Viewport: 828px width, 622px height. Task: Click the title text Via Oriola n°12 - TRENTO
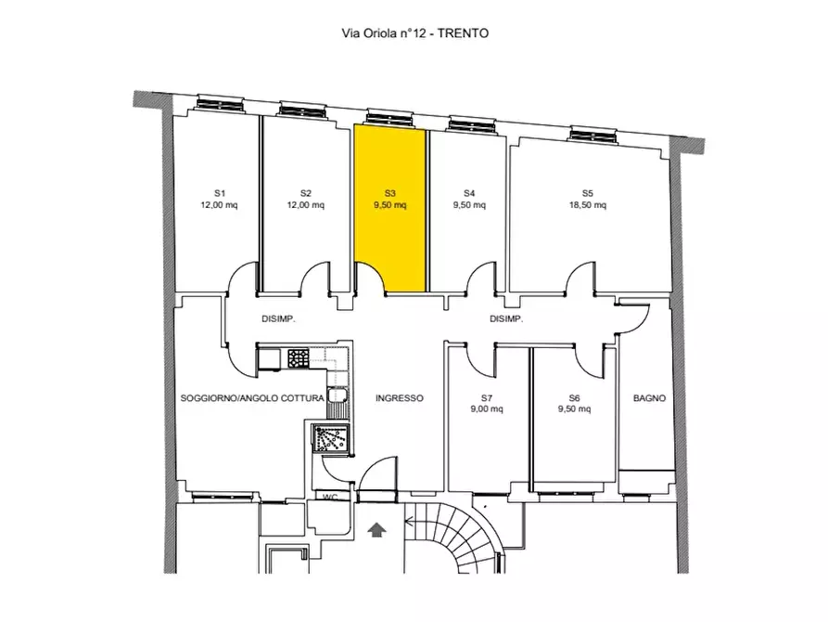click(x=415, y=33)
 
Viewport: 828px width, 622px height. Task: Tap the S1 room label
click(x=219, y=193)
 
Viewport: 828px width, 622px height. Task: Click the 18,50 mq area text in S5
click(x=587, y=205)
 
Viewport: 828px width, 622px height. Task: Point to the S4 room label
click(x=469, y=193)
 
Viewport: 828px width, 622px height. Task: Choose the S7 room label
click(x=487, y=397)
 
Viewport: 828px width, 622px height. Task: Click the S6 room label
click(x=574, y=397)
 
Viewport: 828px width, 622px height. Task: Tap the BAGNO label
click(x=650, y=397)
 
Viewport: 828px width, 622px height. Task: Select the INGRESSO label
click(x=400, y=397)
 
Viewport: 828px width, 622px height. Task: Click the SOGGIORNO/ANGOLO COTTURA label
click(x=252, y=397)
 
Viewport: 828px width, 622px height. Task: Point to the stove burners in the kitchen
click(x=299, y=358)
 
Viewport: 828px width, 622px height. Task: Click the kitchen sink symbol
click(x=337, y=395)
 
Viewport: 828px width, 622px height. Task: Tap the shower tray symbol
click(x=331, y=438)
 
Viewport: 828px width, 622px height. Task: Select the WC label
click(x=330, y=498)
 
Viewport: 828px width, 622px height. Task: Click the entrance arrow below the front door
click(x=376, y=529)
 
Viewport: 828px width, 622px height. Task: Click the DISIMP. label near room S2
click(x=278, y=319)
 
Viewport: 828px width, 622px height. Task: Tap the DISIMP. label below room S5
click(x=506, y=319)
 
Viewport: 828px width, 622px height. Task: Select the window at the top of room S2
click(x=301, y=110)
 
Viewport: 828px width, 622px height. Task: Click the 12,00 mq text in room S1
click(x=219, y=205)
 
